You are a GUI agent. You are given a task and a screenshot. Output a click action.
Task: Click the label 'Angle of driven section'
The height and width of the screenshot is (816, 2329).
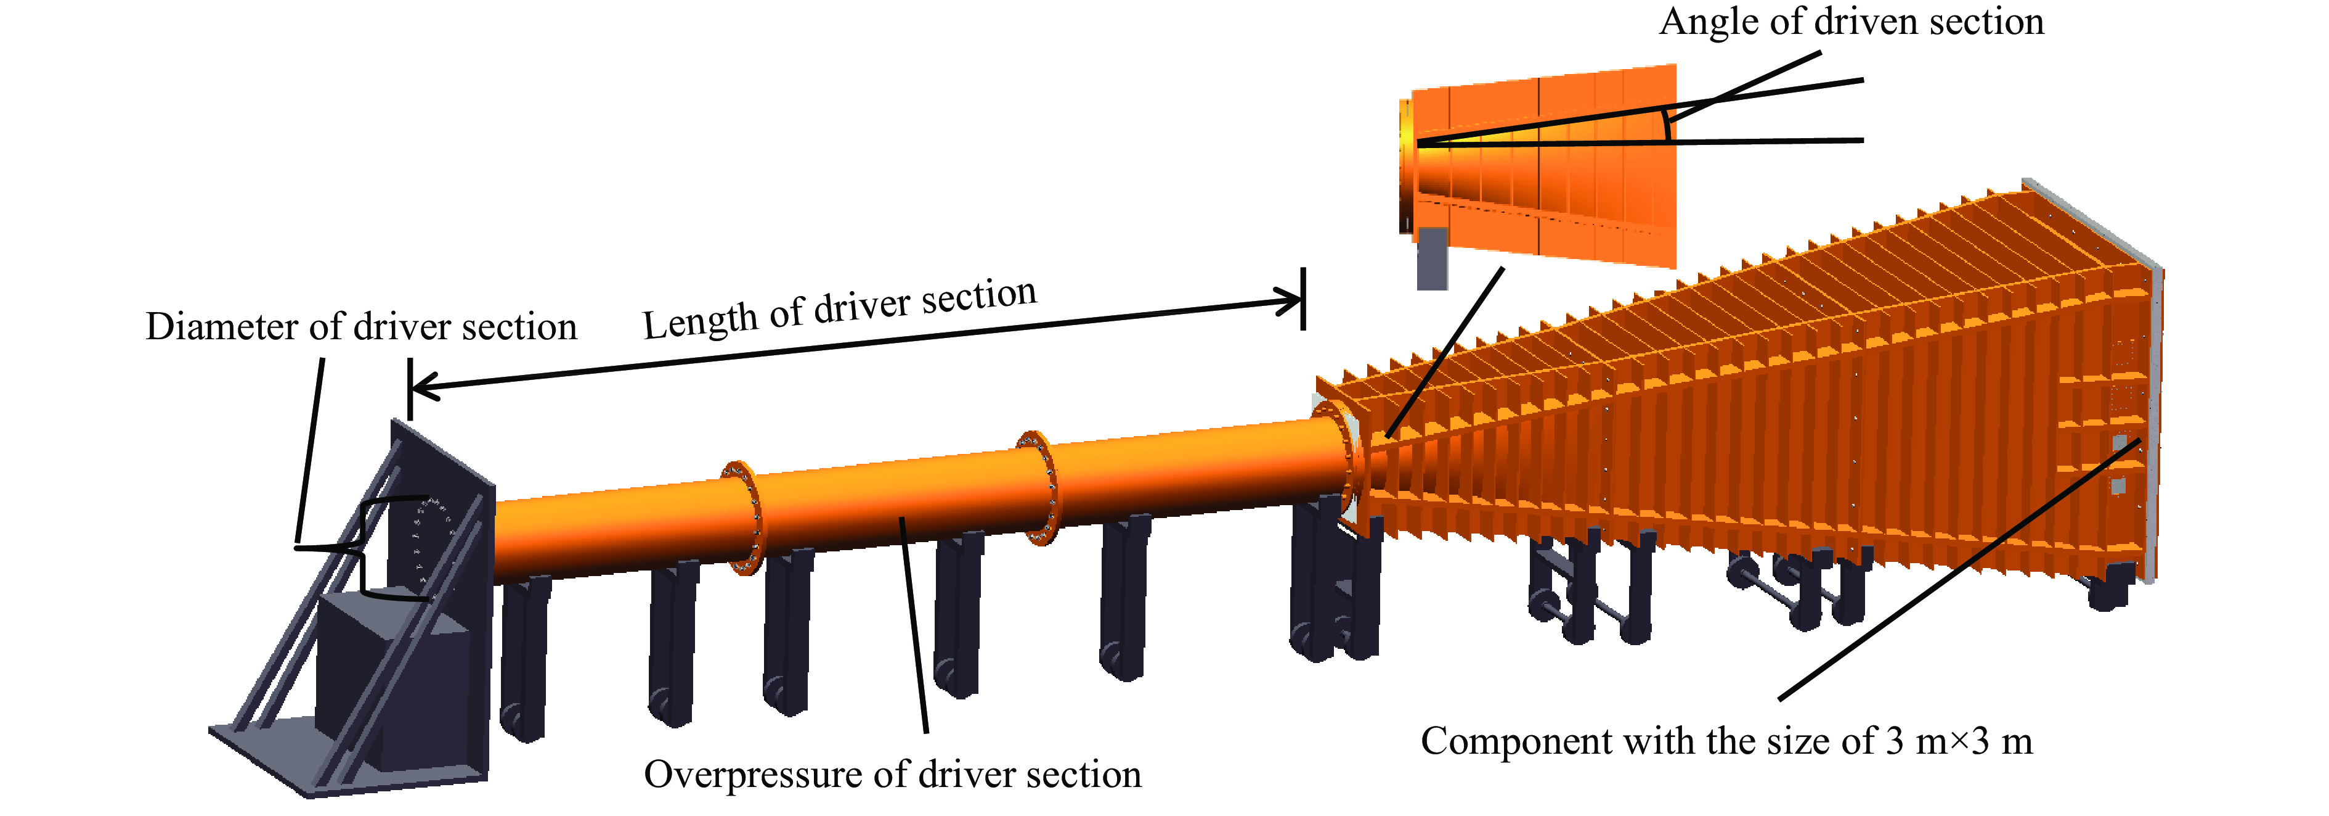click(x=1851, y=22)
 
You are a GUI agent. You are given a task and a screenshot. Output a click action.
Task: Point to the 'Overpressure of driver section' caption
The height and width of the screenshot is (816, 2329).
click(x=892, y=775)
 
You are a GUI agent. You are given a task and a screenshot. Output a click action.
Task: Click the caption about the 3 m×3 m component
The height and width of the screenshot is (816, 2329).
click(x=1727, y=742)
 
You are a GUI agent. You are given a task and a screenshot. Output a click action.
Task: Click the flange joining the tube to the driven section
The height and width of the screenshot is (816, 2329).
click(x=1347, y=461)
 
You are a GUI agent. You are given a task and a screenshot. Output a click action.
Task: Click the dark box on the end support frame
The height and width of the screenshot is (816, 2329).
click(x=393, y=669)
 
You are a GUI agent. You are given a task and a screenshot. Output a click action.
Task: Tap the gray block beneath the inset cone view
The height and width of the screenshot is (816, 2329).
click(x=1432, y=258)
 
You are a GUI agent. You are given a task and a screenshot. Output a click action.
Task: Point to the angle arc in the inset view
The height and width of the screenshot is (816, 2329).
click(x=1666, y=126)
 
